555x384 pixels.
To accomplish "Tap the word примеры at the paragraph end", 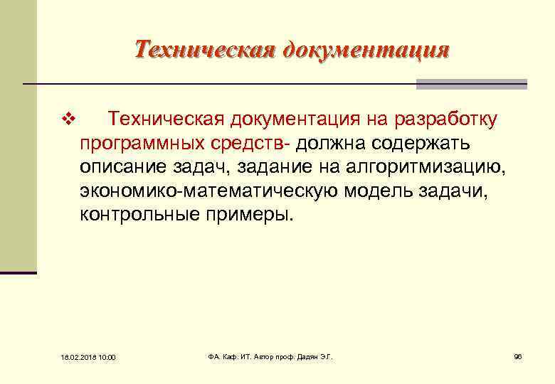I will click(x=248, y=215).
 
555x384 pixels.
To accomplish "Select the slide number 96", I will click(x=517, y=356).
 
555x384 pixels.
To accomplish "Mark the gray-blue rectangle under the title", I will click(x=471, y=84).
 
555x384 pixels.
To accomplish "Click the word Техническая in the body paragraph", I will click(x=165, y=119).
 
